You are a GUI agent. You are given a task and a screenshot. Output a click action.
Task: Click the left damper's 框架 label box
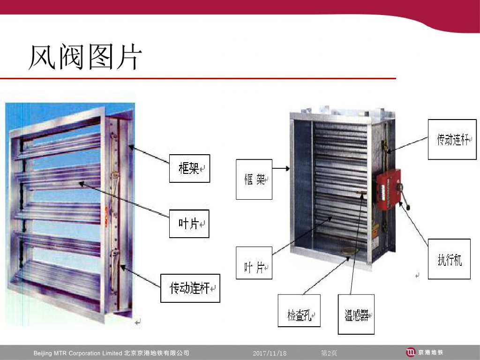189,168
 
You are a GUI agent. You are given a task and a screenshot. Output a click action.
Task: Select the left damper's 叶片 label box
189,224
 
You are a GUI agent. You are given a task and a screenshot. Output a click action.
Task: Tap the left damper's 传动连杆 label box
190,288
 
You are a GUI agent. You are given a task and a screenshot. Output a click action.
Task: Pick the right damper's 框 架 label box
254,180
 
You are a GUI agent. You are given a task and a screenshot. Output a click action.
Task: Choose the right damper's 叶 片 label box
254,263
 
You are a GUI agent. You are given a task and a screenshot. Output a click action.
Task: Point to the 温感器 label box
356,314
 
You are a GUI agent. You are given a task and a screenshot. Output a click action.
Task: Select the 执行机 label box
449,259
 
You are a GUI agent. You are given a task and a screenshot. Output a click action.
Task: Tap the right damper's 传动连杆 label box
452,139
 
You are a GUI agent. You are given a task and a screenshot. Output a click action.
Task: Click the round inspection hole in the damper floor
349,253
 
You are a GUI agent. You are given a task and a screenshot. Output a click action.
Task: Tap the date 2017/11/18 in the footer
269,353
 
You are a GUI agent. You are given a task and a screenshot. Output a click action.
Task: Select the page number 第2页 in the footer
329,353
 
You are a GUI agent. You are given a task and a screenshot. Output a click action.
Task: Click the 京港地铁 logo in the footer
424,352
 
